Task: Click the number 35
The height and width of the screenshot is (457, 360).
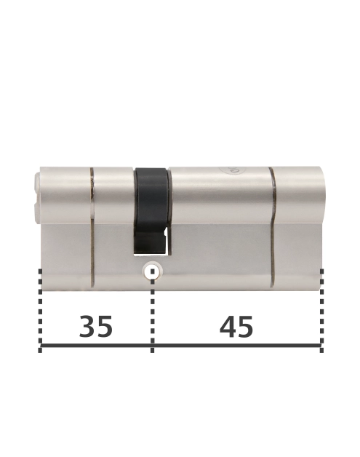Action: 96,327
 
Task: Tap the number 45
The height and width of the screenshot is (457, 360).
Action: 236,327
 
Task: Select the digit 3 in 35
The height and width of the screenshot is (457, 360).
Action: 87,327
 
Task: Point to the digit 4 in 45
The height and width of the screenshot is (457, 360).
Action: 228,327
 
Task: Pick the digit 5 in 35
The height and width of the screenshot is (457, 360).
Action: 105,327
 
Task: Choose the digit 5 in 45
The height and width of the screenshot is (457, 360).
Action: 246,327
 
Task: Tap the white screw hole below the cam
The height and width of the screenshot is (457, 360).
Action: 152,271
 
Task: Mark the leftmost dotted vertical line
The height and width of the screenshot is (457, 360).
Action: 40,311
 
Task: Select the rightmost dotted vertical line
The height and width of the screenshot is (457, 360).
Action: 321,311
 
